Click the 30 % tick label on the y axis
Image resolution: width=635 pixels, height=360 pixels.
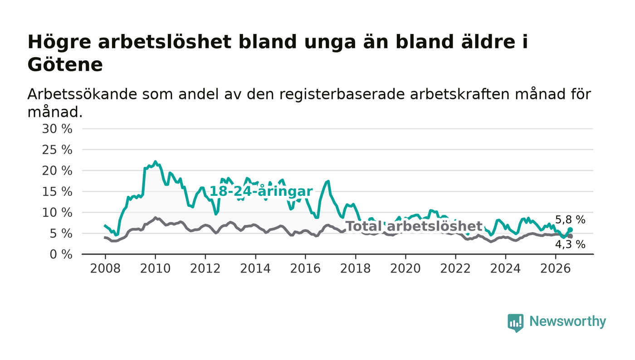point(57,129)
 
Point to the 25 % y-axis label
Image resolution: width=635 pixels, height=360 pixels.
point(57,150)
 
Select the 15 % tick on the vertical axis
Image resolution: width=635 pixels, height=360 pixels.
point(57,192)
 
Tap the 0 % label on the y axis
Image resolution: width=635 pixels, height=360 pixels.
point(61,254)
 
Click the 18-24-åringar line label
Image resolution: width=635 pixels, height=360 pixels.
point(261,191)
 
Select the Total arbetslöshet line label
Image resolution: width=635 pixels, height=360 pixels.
point(414,226)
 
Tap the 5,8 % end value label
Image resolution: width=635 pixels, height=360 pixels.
point(570,220)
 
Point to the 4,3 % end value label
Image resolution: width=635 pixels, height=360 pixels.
point(570,244)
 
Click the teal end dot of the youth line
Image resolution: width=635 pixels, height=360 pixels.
point(570,229)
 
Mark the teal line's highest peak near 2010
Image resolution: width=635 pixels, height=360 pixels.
point(155,161)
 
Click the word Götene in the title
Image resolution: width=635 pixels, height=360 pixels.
point(65,65)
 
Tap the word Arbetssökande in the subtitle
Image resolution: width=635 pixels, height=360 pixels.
point(82,94)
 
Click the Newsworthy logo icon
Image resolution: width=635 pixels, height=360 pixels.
point(515,323)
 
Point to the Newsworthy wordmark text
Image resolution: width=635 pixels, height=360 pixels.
point(567,321)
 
